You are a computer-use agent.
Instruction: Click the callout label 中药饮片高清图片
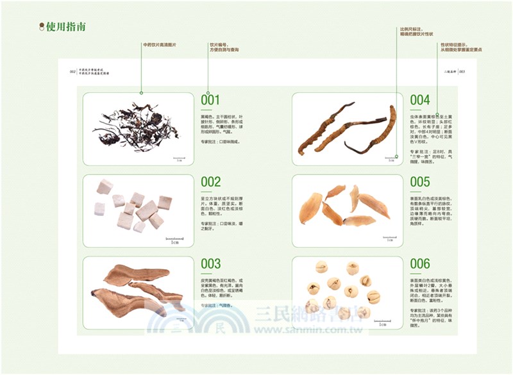[x=160, y=44]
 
